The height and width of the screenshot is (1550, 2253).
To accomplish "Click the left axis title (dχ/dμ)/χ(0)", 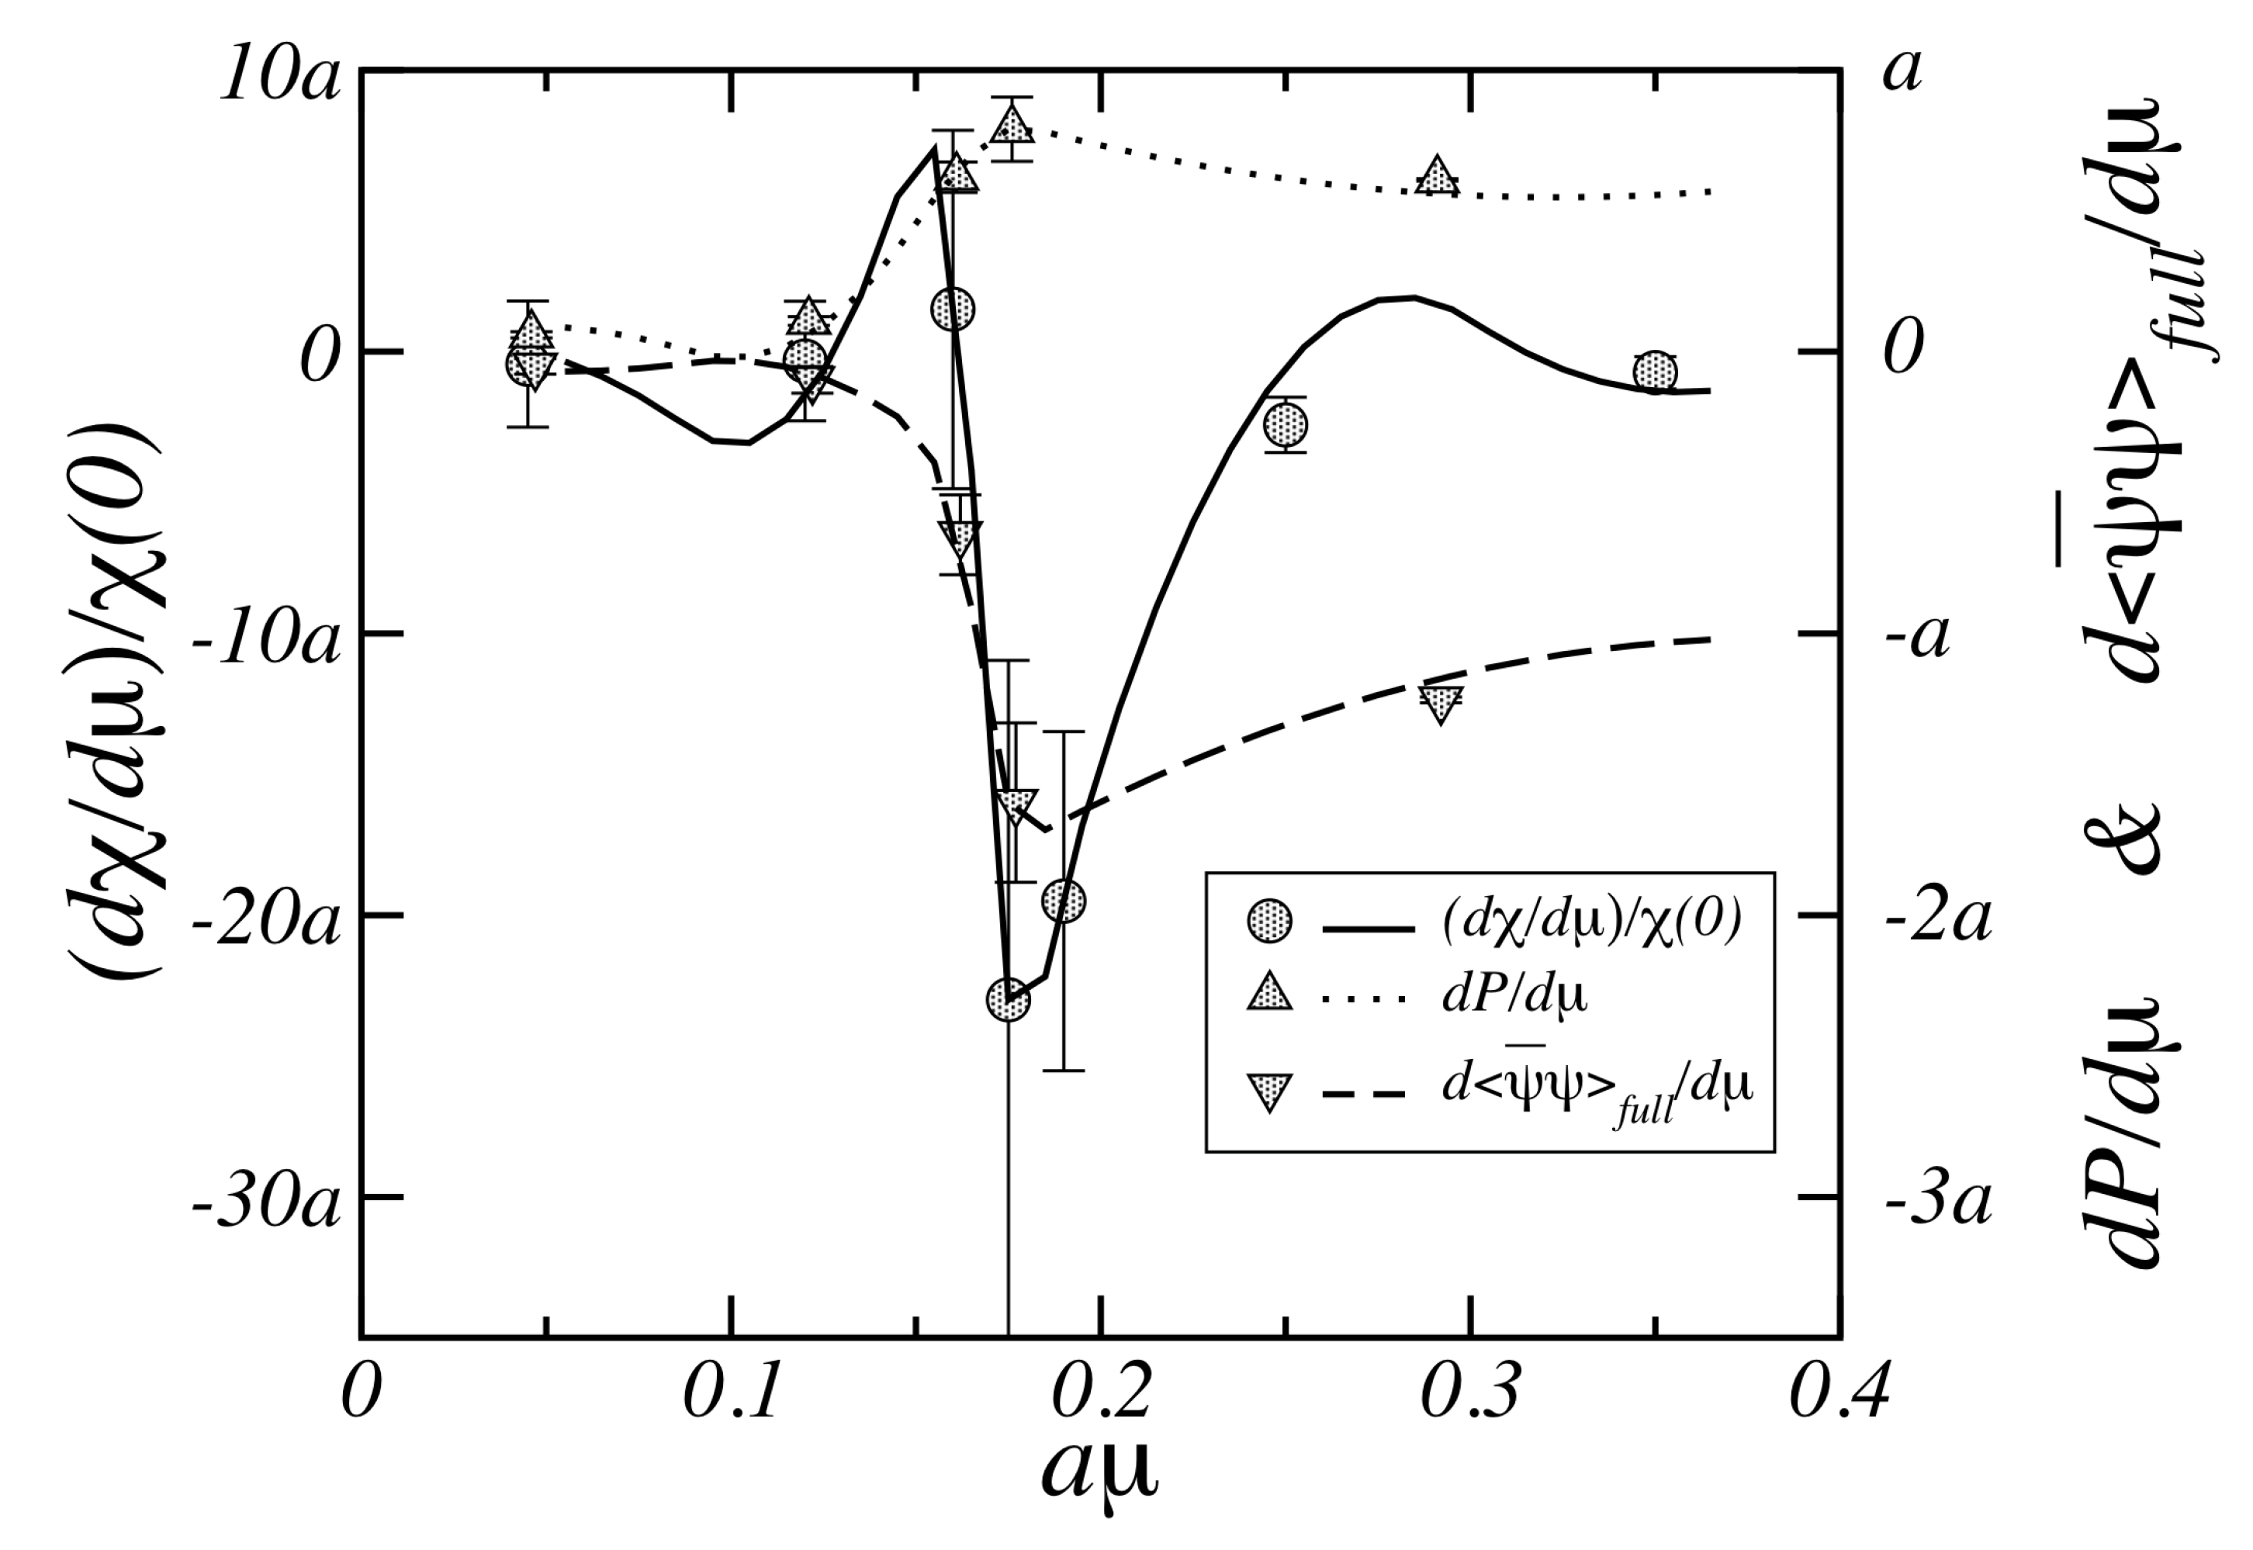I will point(115,701).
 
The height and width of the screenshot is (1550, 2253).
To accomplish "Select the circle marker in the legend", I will point(1269,921).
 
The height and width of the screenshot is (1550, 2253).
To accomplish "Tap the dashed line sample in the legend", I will point(1365,1095).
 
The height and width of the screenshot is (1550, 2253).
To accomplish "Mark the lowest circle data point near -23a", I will point(1008,999).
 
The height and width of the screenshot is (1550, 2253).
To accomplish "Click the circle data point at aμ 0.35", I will point(1655,372).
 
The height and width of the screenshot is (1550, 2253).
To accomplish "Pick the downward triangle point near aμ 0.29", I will point(1440,702).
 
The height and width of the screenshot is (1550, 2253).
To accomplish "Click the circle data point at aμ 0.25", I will point(1286,424).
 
